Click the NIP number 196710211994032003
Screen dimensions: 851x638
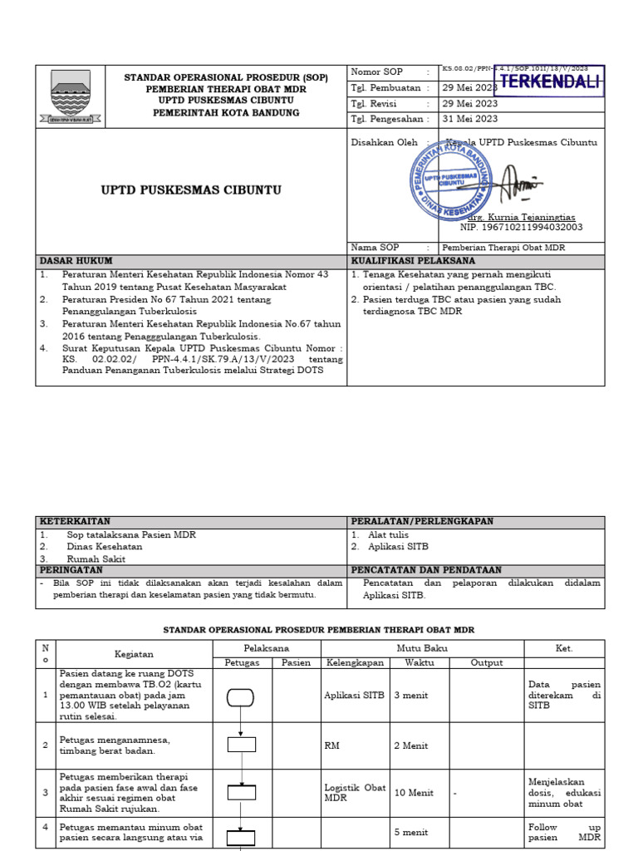point(521,227)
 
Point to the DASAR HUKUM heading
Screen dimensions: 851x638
point(76,261)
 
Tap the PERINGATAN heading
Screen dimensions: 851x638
point(71,570)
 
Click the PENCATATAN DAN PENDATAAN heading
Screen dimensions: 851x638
point(426,570)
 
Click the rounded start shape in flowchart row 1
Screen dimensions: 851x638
point(241,696)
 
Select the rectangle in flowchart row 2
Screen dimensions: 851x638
point(241,745)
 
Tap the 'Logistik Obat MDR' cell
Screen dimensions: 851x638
point(355,793)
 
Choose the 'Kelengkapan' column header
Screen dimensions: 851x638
point(355,662)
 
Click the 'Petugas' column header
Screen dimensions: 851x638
point(242,662)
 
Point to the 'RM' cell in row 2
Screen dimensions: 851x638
point(331,745)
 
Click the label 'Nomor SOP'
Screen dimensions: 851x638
point(376,72)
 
